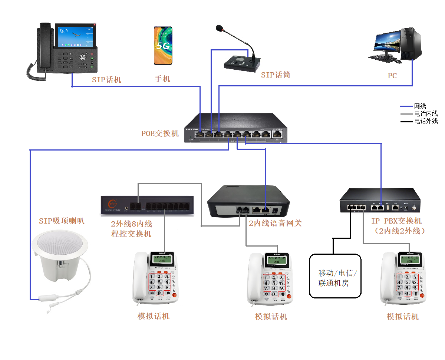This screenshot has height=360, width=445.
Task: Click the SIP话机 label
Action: (x=106, y=80)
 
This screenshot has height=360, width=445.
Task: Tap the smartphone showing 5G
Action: (x=163, y=46)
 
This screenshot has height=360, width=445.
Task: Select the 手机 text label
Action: (x=162, y=79)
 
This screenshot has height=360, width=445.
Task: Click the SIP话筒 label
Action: (x=275, y=75)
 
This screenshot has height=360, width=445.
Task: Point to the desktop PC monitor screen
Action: (x=388, y=43)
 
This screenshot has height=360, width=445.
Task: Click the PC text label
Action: (x=392, y=76)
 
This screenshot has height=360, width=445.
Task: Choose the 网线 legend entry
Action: (x=420, y=106)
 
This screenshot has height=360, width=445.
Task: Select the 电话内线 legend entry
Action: (x=426, y=114)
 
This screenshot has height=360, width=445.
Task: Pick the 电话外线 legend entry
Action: (x=426, y=121)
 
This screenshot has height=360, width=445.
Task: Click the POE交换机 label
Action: (x=160, y=133)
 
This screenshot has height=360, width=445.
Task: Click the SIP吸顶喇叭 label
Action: (x=62, y=221)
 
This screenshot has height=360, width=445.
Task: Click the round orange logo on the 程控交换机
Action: (x=112, y=204)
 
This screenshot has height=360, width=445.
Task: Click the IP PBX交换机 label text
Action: (x=396, y=221)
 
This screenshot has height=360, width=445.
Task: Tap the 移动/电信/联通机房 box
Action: (x=335, y=276)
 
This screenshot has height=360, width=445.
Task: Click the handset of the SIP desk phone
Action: (x=44, y=46)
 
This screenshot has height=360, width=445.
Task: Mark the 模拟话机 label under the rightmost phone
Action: (x=402, y=316)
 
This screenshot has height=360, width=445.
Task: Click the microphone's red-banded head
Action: (x=220, y=28)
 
